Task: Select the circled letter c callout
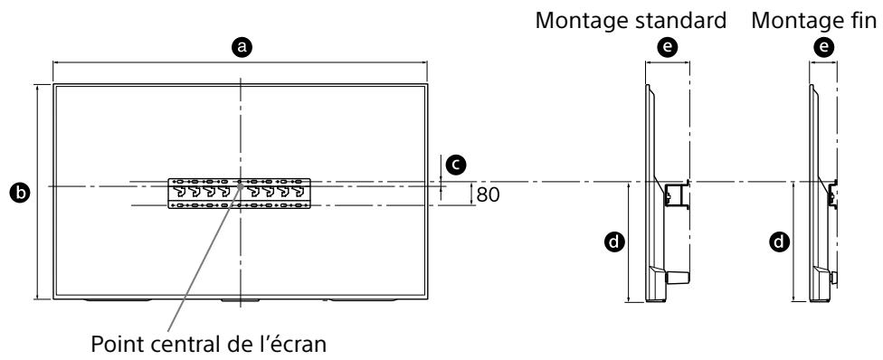click(x=458, y=164)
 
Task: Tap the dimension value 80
click(x=488, y=194)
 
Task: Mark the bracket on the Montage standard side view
click(x=676, y=194)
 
